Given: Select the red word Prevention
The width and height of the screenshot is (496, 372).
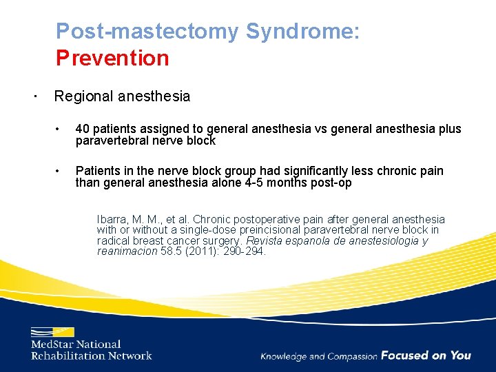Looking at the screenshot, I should (x=112, y=58).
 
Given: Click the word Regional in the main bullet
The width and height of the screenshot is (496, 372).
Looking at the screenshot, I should (x=83, y=96).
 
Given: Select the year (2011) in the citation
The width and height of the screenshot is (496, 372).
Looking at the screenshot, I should (x=209, y=251).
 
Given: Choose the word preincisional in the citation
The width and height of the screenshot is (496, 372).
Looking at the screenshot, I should (x=247, y=229).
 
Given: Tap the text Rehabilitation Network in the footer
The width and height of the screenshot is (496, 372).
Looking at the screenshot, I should (x=91, y=355).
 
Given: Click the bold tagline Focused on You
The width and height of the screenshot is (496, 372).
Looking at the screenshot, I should (x=426, y=355).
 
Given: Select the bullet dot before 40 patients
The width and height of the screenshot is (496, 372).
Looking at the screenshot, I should (x=61, y=129).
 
